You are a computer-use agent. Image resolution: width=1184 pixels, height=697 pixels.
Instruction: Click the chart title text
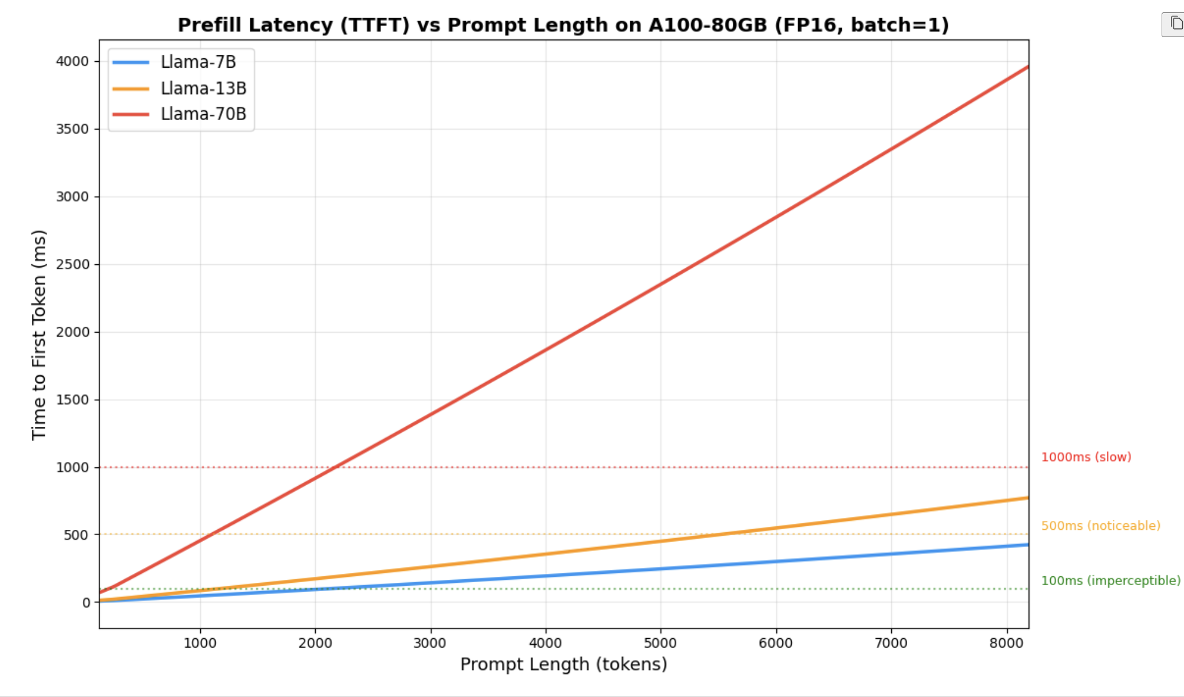tap(563, 25)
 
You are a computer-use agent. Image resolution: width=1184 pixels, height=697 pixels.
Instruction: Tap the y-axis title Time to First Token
tap(39, 334)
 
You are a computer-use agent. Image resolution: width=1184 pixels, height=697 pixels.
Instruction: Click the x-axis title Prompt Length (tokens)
tap(564, 664)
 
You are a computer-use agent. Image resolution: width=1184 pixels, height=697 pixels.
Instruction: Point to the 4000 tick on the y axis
tap(72, 61)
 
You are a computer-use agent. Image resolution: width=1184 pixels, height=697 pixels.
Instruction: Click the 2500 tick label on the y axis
tap(72, 264)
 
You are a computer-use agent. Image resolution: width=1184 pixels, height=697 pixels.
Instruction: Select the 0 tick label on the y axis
tap(87, 602)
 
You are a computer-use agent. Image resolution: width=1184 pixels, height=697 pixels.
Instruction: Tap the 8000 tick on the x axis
tap(1006, 643)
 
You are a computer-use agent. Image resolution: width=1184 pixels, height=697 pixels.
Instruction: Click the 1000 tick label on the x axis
tap(200, 643)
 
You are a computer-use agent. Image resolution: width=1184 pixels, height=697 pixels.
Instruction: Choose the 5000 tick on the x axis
tap(660, 643)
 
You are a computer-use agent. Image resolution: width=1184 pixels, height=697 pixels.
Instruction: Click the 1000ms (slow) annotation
tap(1086, 457)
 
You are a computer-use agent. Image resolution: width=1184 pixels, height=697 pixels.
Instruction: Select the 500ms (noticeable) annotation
tap(1100, 526)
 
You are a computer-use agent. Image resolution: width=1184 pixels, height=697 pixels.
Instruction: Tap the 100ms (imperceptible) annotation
tap(1110, 580)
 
